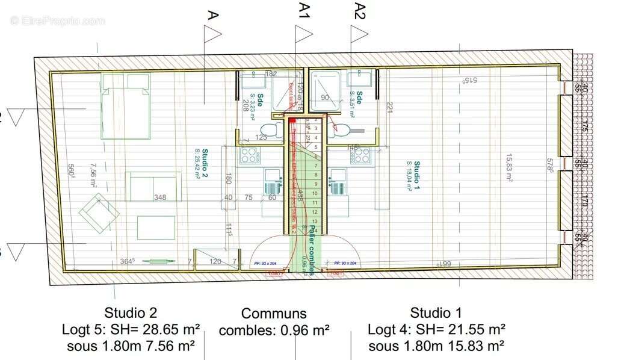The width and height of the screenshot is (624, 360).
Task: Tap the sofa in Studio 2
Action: [x=153, y=186]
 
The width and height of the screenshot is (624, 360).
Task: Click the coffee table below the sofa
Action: [x=156, y=227]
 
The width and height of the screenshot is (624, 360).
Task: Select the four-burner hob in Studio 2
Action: [x=249, y=156]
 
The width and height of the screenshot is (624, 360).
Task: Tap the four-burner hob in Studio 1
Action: [x=361, y=156]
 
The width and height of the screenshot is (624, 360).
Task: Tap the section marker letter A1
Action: [x=304, y=11]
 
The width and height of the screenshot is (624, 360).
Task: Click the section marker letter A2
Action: [x=360, y=11]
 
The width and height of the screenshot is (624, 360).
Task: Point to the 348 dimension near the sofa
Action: [x=159, y=197]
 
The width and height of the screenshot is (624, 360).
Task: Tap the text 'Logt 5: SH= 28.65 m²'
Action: [x=131, y=329]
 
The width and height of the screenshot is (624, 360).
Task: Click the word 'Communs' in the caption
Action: [x=274, y=314]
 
